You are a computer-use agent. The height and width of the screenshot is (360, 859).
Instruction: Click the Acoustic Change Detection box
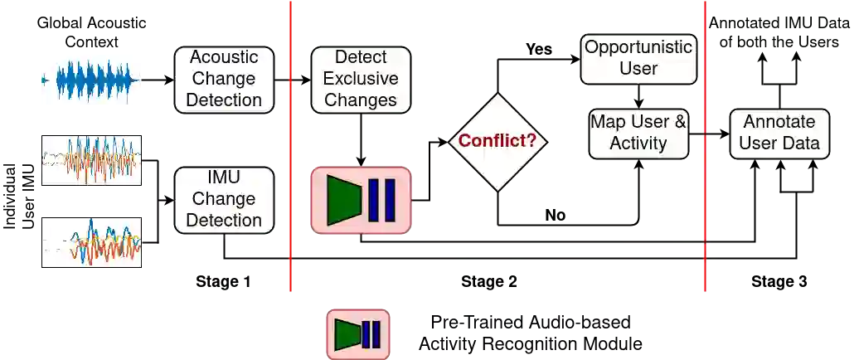pos(224,79)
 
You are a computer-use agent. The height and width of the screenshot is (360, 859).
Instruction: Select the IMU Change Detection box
pos(224,199)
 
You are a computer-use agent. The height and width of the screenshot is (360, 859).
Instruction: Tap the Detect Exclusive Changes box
pos(361,79)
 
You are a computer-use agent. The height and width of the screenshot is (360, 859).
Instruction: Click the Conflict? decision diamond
pos(497,141)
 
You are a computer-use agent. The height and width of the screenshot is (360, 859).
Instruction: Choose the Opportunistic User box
pos(638,58)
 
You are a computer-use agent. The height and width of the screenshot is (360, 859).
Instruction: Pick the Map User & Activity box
pos(638,133)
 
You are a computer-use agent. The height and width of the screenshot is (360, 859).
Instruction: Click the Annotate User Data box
pos(779,133)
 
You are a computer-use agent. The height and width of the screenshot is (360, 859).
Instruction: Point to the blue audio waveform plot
pos(93,80)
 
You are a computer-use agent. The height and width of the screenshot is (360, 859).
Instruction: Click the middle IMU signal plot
pos(93,159)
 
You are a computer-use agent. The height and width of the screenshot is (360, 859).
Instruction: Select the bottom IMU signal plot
pos(93,241)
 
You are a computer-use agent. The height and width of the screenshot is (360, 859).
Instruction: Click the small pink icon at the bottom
pos(357,334)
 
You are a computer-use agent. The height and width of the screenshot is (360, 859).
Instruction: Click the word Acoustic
pos(224,57)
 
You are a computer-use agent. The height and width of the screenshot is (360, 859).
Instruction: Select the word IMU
pos(224,178)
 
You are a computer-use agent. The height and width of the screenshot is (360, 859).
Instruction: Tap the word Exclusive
pos(361,79)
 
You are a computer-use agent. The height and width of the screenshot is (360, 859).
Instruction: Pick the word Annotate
pos(779,122)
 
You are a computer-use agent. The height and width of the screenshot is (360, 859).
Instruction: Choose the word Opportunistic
pos(638,46)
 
